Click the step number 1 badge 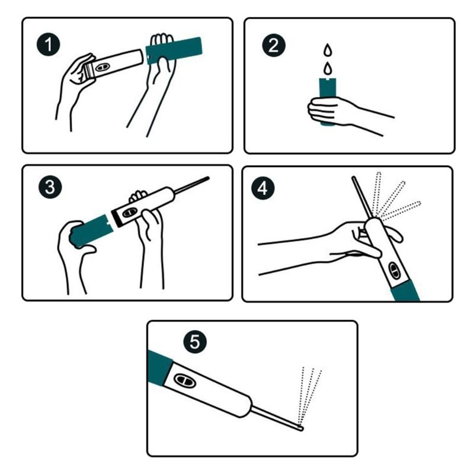click(x=49, y=45)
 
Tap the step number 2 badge click(x=274, y=45)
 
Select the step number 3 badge click(x=50, y=187)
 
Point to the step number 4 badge click(x=263, y=188)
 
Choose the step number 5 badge click(x=196, y=342)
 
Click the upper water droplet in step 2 click(x=328, y=50)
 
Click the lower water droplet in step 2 click(x=328, y=68)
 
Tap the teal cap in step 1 click(x=174, y=50)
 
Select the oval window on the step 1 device click(x=101, y=67)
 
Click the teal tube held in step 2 click(x=328, y=101)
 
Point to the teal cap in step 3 click(x=91, y=231)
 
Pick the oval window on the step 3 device click(x=129, y=213)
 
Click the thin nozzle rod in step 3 click(x=191, y=185)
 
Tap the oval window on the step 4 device click(x=394, y=270)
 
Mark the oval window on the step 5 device click(x=185, y=380)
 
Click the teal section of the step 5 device click(x=159, y=368)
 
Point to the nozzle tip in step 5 click(x=300, y=427)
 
